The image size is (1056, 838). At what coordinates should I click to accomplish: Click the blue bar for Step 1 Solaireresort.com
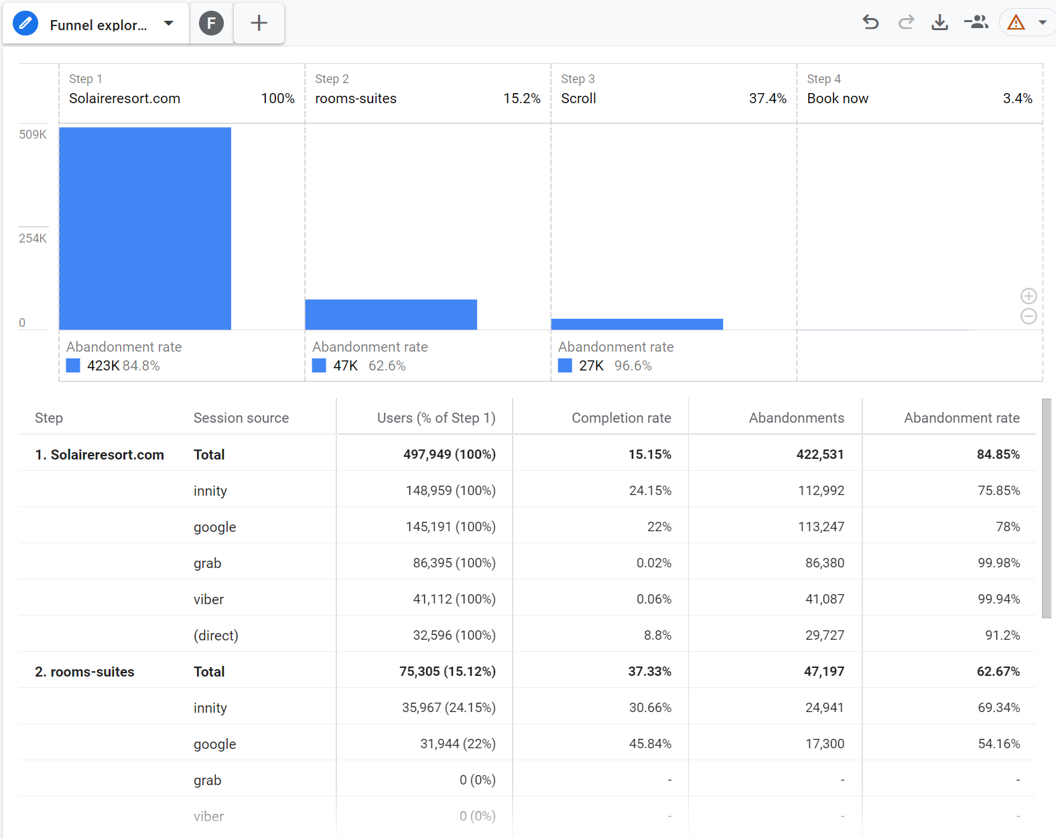point(145,228)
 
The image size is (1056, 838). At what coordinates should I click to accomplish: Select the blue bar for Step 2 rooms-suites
point(391,314)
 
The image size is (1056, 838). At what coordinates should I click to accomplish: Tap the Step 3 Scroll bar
point(637,324)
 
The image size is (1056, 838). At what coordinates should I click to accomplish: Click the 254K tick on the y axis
point(33,238)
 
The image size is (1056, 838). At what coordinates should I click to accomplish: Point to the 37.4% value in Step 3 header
point(767,98)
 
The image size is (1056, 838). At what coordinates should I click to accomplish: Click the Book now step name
point(838,98)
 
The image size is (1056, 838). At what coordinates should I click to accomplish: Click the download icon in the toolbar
point(939,23)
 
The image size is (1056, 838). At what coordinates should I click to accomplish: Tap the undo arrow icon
point(870,23)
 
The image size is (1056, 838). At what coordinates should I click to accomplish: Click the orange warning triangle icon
point(1015,23)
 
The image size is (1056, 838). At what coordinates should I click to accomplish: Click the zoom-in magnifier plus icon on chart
point(1029,296)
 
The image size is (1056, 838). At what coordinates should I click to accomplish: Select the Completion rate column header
point(621,418)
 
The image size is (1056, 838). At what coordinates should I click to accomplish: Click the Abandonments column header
point(797,418)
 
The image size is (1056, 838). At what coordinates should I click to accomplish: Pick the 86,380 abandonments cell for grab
point(824,563)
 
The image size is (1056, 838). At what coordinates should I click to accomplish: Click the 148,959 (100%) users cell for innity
point(450,490)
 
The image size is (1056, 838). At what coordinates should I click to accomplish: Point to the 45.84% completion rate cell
point(650,744)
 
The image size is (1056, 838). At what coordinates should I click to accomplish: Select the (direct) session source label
point(216,636)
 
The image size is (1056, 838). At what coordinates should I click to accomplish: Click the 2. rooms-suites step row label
point(84,672)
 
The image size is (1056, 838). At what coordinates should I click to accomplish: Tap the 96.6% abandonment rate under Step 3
point(633,366)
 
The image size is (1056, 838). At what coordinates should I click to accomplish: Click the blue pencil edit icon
point(25,23)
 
